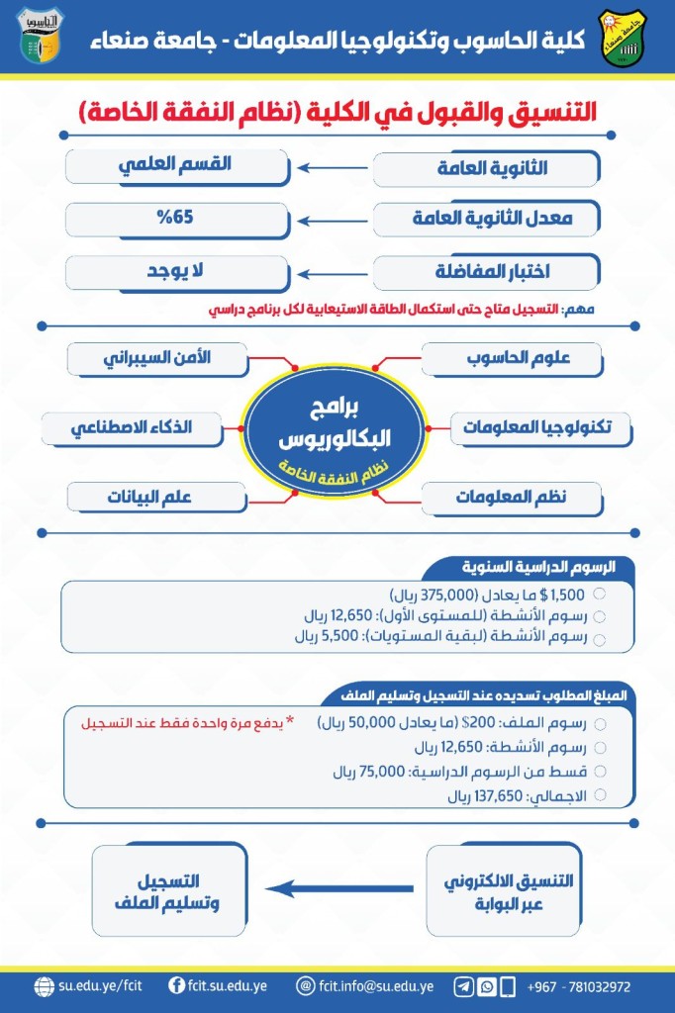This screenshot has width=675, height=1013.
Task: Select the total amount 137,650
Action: tap(479, 794)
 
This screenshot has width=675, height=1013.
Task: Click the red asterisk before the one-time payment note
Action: tap(290, 721)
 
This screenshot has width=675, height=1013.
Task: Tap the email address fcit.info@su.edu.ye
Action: tap(375, 986)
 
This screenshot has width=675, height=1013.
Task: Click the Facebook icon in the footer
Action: tap(176, 986)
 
